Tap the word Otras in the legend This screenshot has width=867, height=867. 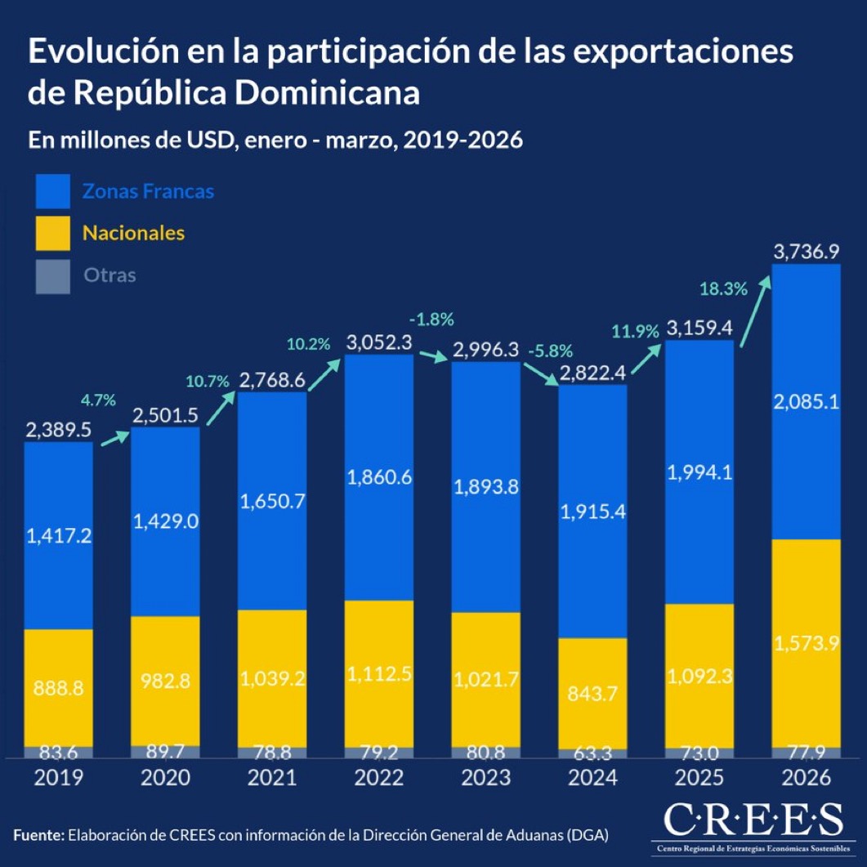point(109,275)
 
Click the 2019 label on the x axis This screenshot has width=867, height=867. point(58,778)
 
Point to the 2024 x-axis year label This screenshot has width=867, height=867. point(592,778)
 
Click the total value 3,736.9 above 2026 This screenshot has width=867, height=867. point(806,251)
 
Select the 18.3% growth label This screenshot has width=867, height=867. point(723,288)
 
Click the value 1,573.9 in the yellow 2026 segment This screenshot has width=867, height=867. point(806,643)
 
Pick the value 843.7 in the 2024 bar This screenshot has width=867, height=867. point(592,693)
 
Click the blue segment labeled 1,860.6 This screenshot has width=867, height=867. point(379,478)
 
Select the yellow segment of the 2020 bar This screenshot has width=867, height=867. point(165,680)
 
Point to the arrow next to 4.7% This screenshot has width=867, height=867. point(115,439)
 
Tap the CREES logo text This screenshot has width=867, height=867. point(752,819)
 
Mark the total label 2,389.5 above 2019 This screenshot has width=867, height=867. point(58,431)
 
